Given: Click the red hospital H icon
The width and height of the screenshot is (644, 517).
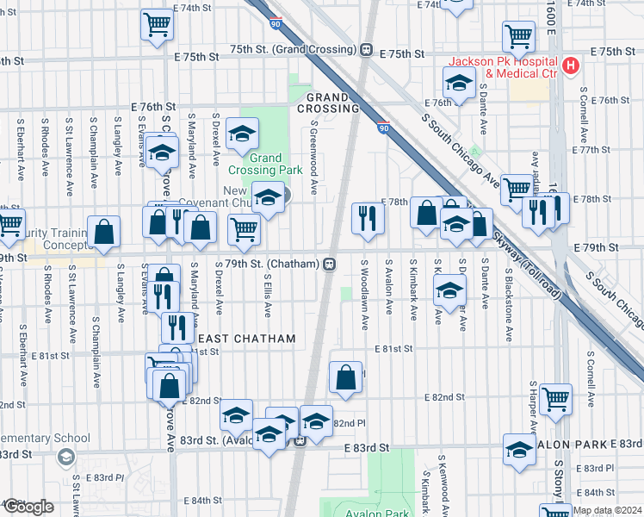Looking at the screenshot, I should coord(569,65).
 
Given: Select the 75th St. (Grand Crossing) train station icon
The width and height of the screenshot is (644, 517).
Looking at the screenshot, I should coord(367,50).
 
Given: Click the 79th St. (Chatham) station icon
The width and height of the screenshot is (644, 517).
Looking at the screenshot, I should coord(329,264).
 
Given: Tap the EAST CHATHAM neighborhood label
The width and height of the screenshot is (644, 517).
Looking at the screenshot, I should coord(247,339).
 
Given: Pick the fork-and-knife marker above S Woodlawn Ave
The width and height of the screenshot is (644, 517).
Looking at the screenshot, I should coord(368,217).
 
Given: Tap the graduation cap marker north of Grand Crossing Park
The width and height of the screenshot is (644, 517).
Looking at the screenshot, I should coord(242,133).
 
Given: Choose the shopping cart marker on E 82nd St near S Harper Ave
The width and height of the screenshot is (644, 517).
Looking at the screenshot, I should coord(555,399).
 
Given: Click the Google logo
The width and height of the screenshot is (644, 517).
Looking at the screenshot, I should coord(28,506).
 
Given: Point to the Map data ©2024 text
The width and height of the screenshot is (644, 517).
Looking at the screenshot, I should coord(606,510).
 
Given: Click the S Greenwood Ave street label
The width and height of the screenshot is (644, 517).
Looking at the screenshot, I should coord(314,157).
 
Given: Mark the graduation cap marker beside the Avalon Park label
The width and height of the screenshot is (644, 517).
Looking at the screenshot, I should coord(519,450).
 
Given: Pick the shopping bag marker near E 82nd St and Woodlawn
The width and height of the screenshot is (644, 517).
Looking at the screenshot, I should coord(345,377).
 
